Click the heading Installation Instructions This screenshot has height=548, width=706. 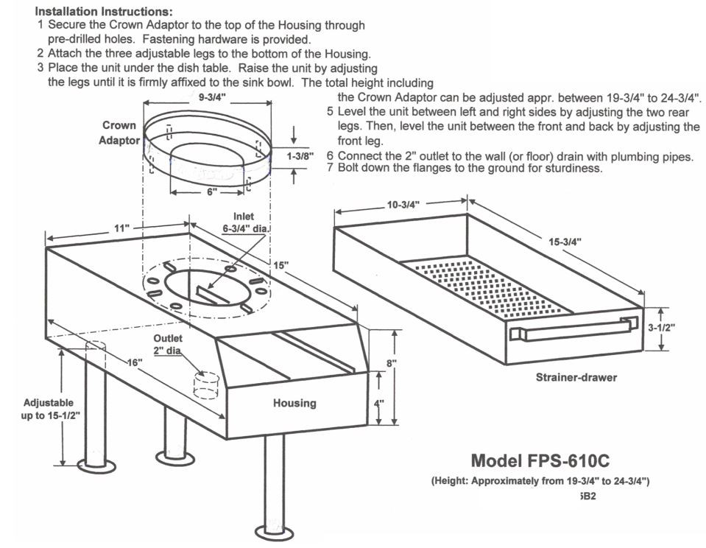coord(105,13)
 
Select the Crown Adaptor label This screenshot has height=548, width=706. coord(119,133)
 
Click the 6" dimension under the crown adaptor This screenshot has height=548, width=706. coord(212,192)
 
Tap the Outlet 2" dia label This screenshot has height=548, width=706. coord(167,345)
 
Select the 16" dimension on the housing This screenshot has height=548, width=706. coord(135,363)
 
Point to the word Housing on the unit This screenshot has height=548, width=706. coord(294,403)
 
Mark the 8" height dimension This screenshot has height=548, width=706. coord(392,363)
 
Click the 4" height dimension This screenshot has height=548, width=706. coord(392,403)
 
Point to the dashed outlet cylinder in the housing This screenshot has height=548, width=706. coord(207,385)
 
